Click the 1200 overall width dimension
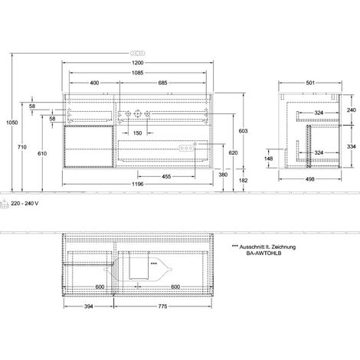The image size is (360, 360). tap(138, 63)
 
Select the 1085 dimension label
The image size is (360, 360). tap(138, 73)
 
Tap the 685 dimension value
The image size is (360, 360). tap(162, 83)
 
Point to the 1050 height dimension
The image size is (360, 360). tap(12, 123)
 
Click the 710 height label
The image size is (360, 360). tap(22, 147)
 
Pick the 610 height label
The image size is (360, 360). tap(42, 153)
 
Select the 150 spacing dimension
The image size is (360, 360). tap(137, 133)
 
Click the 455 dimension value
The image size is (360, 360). tap(166, 176)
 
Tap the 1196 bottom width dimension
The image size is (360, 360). tap(138, 184)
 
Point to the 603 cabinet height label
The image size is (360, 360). tap(243, 131)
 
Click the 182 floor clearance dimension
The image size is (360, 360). tap(243, 181)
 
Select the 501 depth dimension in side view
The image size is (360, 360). tap(310, 83)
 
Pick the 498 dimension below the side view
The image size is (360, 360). tap(310, 179)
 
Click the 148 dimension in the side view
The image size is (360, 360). tap(268, 159)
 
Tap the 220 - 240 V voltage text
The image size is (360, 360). tap(25, 204)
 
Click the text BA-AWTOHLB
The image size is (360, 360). tap(263, 254)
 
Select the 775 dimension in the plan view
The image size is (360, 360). tap(162, 306)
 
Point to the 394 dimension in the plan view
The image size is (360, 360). tap(89, 306)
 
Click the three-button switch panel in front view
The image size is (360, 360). tap(186, 148)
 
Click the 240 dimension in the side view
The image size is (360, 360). tap(352, 110)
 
